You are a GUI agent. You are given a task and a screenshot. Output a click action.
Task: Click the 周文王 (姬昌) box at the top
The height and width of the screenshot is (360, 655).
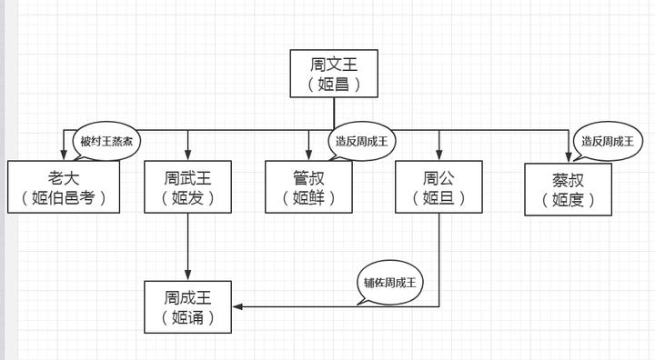(334, 74)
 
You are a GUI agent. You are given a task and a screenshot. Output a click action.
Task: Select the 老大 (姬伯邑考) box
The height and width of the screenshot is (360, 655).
(64, 186)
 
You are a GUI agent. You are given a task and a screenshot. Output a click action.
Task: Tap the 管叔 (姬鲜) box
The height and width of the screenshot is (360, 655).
(308, 186)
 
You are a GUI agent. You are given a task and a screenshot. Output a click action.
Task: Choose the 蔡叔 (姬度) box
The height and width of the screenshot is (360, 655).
(569, 189)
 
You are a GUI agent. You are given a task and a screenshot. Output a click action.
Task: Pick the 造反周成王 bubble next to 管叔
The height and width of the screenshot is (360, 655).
(361, 141)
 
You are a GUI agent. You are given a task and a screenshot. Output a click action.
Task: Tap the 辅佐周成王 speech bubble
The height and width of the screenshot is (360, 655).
(389, 282)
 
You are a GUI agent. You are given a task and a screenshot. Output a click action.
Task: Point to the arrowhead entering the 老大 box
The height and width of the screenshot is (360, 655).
(64, 155)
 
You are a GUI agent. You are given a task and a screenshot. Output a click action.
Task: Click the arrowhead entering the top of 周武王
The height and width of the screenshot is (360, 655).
(188, 155)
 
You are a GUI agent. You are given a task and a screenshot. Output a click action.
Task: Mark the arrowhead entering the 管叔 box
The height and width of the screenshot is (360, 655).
(308, 155)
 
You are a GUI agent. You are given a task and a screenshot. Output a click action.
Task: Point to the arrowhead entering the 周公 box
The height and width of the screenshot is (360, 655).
(439, 155)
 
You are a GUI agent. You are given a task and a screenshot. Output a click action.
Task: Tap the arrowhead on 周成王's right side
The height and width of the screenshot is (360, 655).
(237, 306)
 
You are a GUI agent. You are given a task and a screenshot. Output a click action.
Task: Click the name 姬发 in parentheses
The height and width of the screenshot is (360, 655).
(188, 197)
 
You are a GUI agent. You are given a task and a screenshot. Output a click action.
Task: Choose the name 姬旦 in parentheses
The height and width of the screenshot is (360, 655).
(439, 197)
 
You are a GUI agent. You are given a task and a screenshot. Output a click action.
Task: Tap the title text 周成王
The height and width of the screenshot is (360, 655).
(188, 296)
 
